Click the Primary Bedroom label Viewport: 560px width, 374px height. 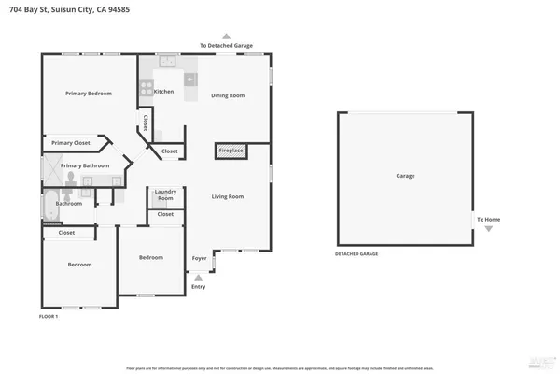(x=89, y=93)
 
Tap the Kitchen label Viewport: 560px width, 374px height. (x=163, y=92)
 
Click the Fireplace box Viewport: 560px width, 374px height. (x=230, y=151)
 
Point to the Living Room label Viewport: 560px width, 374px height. (x=227, y=196)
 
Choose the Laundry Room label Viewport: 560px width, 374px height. (x=165, y=195)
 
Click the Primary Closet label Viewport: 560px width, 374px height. (x=71, y=143)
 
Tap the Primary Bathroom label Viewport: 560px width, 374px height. (x=85, y=165)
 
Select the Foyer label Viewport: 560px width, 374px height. (x=199, y=258)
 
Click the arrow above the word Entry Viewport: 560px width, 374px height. (x=198, y=277)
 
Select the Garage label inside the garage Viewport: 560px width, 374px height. (x=405, y=176)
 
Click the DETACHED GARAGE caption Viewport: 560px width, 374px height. (x=357, y=253)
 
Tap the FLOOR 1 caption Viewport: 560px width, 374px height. (x=49, y=317)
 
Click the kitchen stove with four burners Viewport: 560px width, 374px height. (x=146, y=89)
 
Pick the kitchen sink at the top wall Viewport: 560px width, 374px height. (x=166, y=62)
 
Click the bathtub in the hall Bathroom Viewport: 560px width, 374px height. (x=49, y=208)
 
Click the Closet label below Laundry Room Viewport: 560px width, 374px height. (x=165, y=214)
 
